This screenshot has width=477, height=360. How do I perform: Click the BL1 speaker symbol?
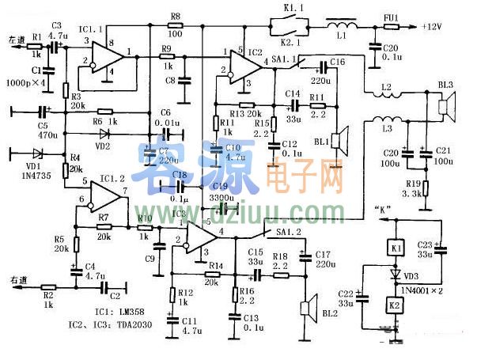pyautogui.click(x=341, y=141)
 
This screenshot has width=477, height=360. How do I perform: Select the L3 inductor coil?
pyautogui.click(x=392, y=124)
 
